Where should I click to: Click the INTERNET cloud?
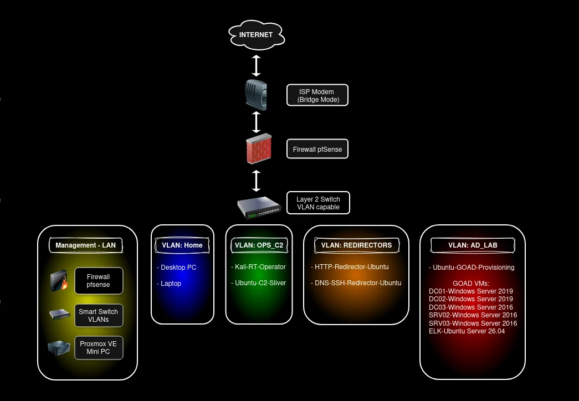tap(257, 35)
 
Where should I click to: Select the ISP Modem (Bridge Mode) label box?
tap(317, 95)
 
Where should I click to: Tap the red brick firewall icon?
tap(259, 148)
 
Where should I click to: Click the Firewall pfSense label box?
tap(317, 149)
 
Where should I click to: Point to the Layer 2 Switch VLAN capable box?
tap(318, 203)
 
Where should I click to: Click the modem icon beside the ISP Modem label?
tap(256, 95)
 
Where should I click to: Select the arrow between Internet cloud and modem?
tap(257, 66)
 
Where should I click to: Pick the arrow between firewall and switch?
tap(257, 181)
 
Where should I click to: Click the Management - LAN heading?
tap(86, 245)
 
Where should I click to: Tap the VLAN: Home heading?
tap(182, 245)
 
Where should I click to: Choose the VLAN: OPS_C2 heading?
tap(259, 245)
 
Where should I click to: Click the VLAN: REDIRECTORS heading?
tap(356, 245)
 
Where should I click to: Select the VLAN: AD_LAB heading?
tap(473, 245)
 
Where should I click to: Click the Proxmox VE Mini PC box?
tap(99, 348)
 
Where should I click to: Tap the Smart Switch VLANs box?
tap(99, 316)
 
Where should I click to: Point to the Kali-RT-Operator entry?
tap(259, 267)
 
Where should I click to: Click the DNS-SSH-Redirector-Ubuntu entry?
tap(356, 283)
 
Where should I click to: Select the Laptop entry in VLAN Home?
tap(169, 284)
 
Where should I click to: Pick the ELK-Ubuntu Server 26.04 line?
tap(467, 331)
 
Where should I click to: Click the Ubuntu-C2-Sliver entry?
tap(259, 283)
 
